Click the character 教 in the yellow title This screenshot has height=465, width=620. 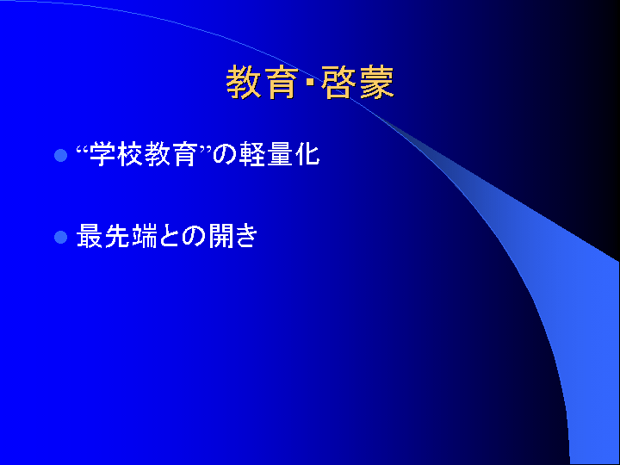click(x=243, y=83)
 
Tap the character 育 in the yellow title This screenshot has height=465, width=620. click(x=282, y=83)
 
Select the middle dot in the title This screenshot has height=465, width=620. click(x=310, y=83)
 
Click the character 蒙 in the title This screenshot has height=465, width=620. click(x=377, y=83)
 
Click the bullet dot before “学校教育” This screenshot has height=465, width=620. click(x=60, y=155)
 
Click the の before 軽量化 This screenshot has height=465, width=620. click(x=225, y=154)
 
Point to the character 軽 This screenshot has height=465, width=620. click(x=251, y=154)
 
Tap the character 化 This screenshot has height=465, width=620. click(x=307, y=154)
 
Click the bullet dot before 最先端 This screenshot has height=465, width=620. click(x=60, y=238)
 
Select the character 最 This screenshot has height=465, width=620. click(x=90, y=236)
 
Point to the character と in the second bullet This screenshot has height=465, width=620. click(x=170, y=237)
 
